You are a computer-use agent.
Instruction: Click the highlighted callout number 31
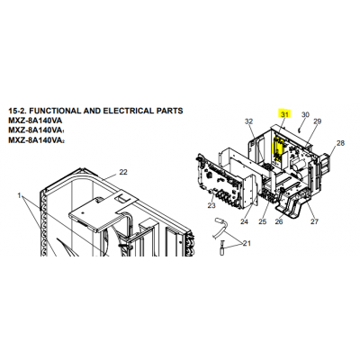[x=285, y=114]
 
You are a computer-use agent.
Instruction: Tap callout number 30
[x=305, y=114]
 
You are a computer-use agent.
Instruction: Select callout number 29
[x=318, y=121]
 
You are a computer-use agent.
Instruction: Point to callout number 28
[x=340, y=143]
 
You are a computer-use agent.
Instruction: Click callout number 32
[x=249, y=121]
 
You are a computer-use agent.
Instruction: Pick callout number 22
[x=123, y=172]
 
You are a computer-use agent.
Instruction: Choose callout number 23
[x=211, y=205]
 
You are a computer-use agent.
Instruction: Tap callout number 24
[x=245, y=221]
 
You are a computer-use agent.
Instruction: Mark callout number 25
[x=263, y=221]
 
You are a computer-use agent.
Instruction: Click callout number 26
[x=279, y=221]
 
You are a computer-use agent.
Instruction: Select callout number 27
[x=314, y=221]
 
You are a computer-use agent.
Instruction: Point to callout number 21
[x=247, y=243]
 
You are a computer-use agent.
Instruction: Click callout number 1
[x=19, y=195]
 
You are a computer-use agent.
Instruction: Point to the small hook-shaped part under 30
[x=300, y=129]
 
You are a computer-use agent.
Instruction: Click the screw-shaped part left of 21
[x=222, y=247]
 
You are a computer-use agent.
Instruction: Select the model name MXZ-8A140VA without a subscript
[x=35, y=121]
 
